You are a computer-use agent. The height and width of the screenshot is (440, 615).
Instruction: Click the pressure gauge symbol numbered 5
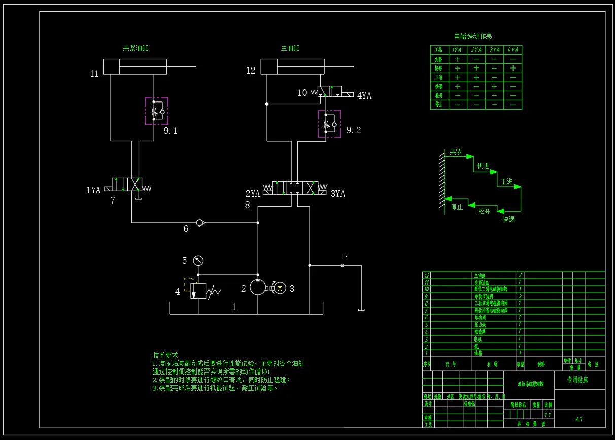(x=198, y=261)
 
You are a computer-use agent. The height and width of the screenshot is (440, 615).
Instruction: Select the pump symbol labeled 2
(x=258, y=288)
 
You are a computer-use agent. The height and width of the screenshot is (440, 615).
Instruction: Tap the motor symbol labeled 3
(x=280, y=288)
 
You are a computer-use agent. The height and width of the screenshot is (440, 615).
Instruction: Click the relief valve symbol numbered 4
(x=198, y=291)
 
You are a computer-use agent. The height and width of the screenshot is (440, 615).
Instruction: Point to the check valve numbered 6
(x=200, y=222)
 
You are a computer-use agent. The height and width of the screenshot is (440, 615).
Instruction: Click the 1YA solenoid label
(x=93, y=190)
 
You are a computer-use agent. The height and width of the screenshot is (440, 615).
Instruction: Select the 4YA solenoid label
(x=364, y=95)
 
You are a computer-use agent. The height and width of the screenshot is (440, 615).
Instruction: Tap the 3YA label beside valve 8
(x=338, y=194)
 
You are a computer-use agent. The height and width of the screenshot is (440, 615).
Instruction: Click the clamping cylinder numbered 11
(x=134, y=66)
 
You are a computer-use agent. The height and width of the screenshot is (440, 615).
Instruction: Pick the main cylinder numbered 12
(x=292, y=66)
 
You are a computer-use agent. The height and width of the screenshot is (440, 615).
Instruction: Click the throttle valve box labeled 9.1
(x=156, y=111)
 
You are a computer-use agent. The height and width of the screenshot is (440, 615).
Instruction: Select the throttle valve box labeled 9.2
(x=329, y=124)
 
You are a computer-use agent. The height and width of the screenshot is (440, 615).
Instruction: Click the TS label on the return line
(x=345, y=257)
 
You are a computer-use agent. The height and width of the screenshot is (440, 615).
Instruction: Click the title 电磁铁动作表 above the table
(x=473, y=37)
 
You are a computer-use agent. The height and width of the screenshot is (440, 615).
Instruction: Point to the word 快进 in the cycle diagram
(x=483, y=166)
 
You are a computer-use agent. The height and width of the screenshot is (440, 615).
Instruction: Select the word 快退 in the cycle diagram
(x=508, y=219)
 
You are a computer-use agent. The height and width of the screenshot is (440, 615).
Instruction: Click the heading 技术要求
(x=165, y=355)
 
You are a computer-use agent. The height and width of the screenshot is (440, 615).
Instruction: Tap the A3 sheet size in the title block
(x=578, y=419)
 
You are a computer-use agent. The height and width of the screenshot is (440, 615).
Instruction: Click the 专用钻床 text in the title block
(x=577, y=380)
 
